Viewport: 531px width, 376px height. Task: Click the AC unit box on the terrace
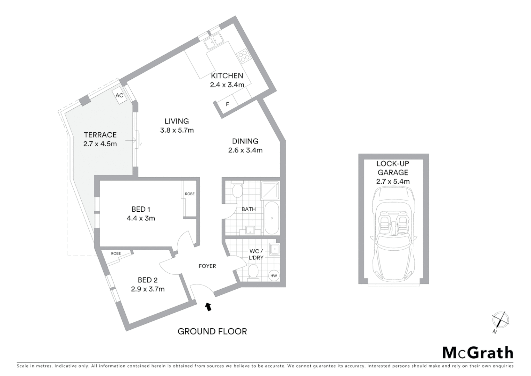[x=119, y=95]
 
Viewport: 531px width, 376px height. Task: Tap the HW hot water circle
[x=274, y=276]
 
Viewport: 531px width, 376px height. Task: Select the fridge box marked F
[x=228, y=104]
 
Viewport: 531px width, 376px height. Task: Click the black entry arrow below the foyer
[x=208, y=306]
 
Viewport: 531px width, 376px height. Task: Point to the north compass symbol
[x=500, y=320]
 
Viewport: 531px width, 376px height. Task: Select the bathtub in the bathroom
[x=272, y=218]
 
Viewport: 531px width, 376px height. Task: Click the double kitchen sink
[x=213, y=41]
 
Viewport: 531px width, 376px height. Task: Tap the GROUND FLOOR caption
[x=212, y=331]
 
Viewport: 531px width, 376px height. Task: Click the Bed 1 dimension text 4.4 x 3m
[x=141, y=219]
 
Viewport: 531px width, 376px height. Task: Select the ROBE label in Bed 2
[x=116, y=253]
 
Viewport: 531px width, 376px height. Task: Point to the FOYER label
[x=207, y=266]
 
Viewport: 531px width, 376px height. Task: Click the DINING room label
[x=245, y=141]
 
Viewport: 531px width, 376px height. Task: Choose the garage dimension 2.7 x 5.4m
[x=393, y=181]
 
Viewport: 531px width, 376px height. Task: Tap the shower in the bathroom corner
[x=270, y=190]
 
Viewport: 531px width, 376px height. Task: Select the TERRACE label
[x=100, y=135]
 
